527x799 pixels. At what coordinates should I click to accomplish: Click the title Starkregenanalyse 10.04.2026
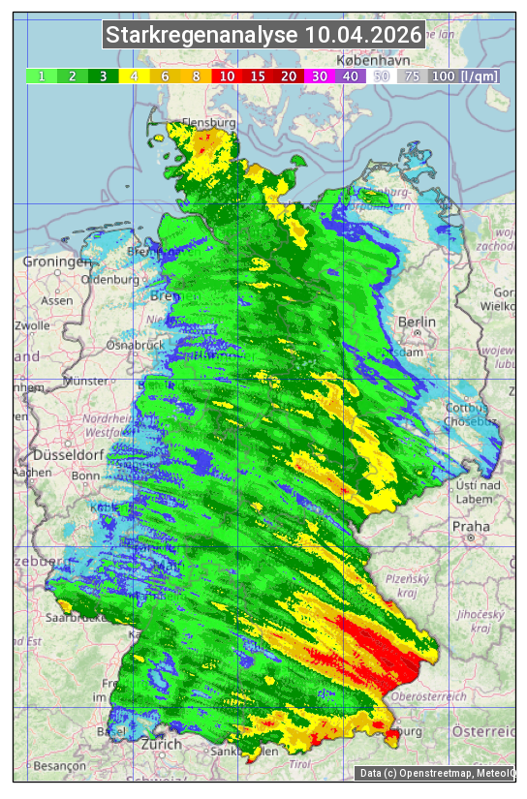pyautogui.click(x=263, y=36)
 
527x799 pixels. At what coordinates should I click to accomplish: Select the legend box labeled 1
pyautogui.click(x=42, y=76)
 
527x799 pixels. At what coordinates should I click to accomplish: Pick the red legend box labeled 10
pyautogui.click(x=227, y=76)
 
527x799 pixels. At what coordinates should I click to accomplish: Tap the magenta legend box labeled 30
pyautogui.click(x=319, y=76)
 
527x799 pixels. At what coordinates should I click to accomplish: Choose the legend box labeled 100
pyautogui.click(x=443, y=76)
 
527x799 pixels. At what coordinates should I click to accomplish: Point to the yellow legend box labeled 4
pyautogui.click(x=135, y=76)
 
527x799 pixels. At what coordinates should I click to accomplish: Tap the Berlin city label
pyautogui.click(x=417, y=322)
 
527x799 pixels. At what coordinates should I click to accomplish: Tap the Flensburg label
pyautogui.click(x=208, y=124)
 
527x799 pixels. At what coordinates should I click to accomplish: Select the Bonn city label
pyautogui.click(x=85, y=476)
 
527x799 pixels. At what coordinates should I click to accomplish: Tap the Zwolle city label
pyautogui.click(x=32, y=325)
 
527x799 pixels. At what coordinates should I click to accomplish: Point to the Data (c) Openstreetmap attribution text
pyautogui.click(x=435, y=773)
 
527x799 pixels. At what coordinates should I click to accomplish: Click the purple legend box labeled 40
pyautogui.click(x=350, y=76)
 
